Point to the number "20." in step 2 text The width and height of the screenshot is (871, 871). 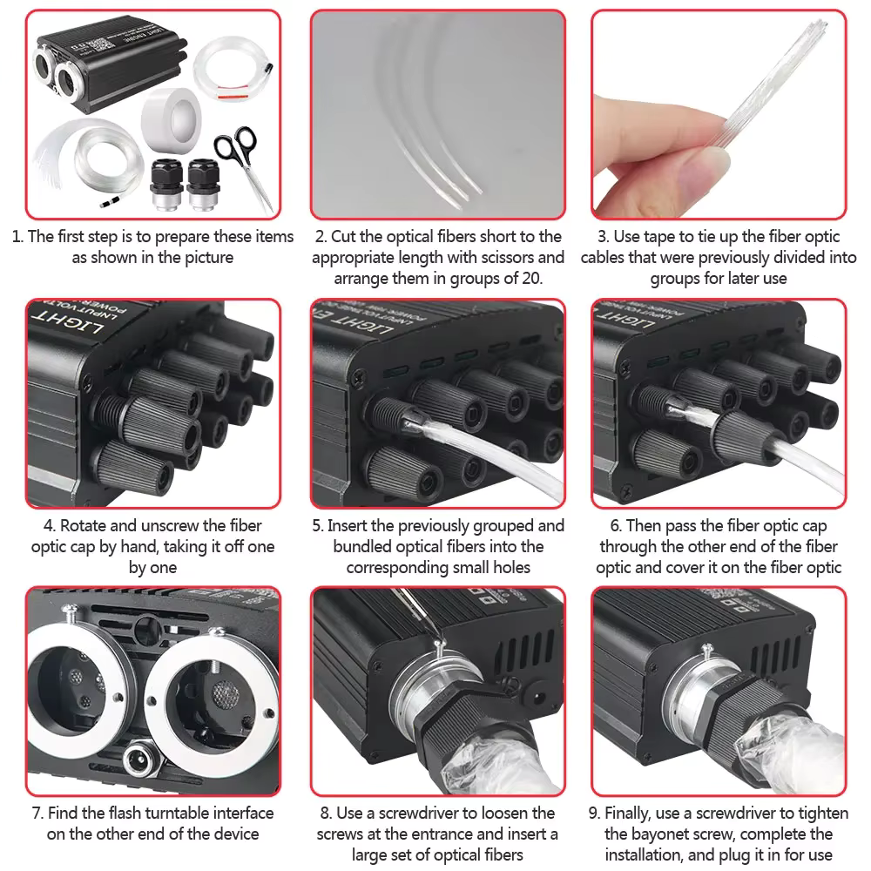pos(528,279)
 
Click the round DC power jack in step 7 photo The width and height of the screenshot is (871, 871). pos(139,752)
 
